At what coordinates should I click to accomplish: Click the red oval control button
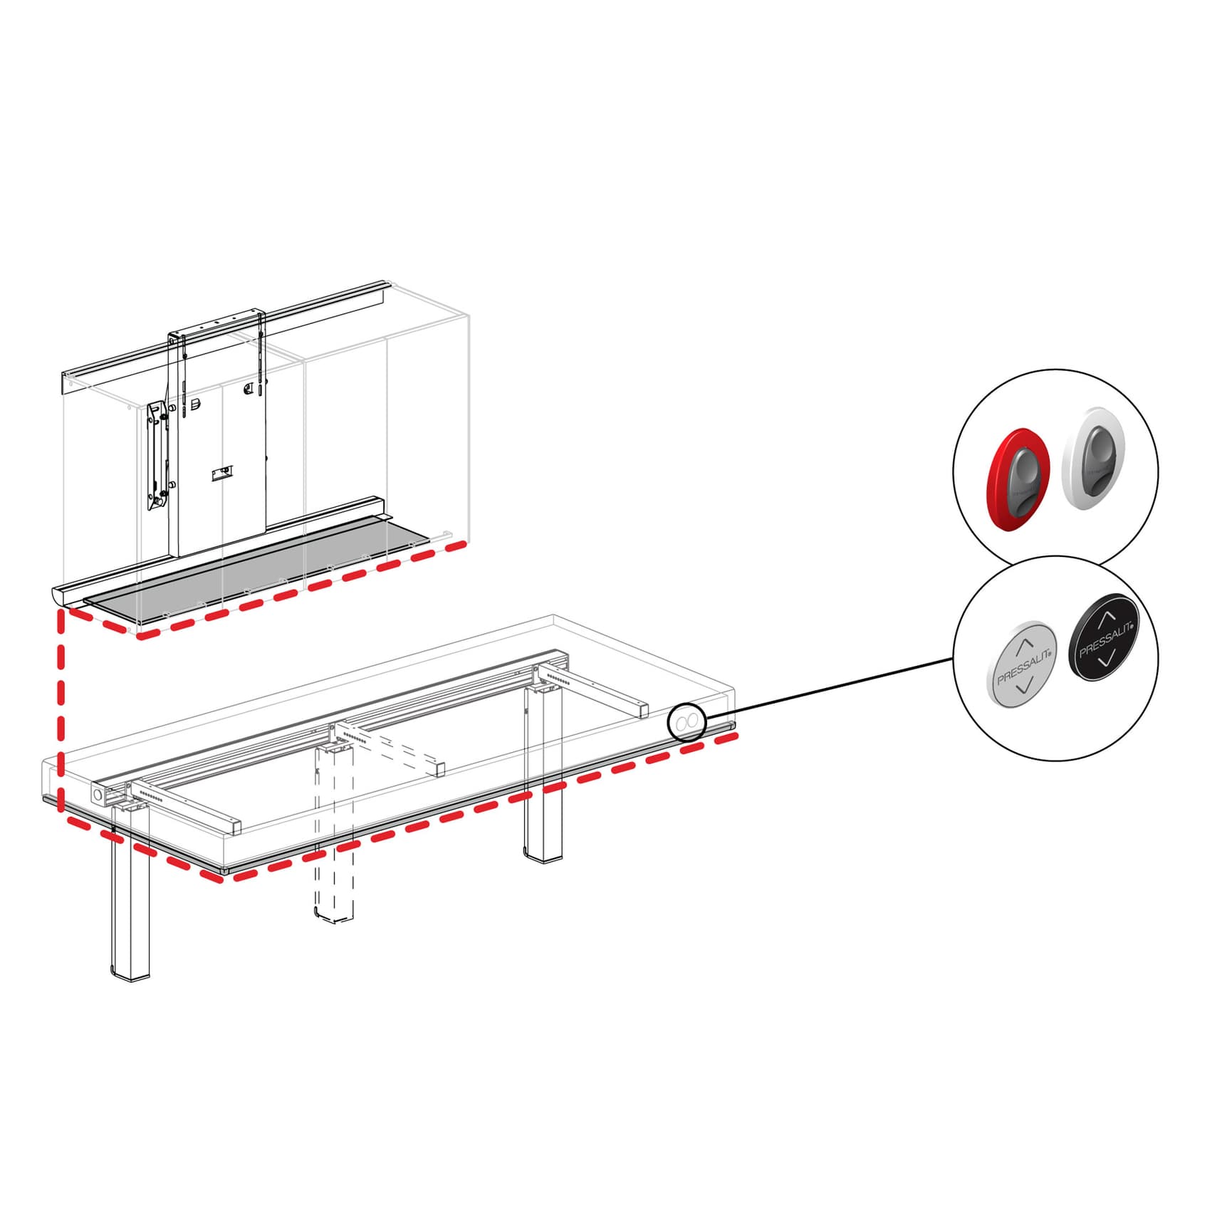pos(1018,479)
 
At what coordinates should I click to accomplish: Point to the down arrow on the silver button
pos(1023,688)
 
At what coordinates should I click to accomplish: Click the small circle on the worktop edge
pos(686,724)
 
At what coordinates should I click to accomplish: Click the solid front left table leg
pos(131,904)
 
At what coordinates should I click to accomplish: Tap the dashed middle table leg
pos(334,840)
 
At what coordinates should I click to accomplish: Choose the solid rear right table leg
pos(543,776)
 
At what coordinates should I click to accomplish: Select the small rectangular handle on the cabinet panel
pos(221,474)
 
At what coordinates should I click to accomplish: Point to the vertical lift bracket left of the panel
pos(157,456)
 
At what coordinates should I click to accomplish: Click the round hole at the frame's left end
pos(98,793)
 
